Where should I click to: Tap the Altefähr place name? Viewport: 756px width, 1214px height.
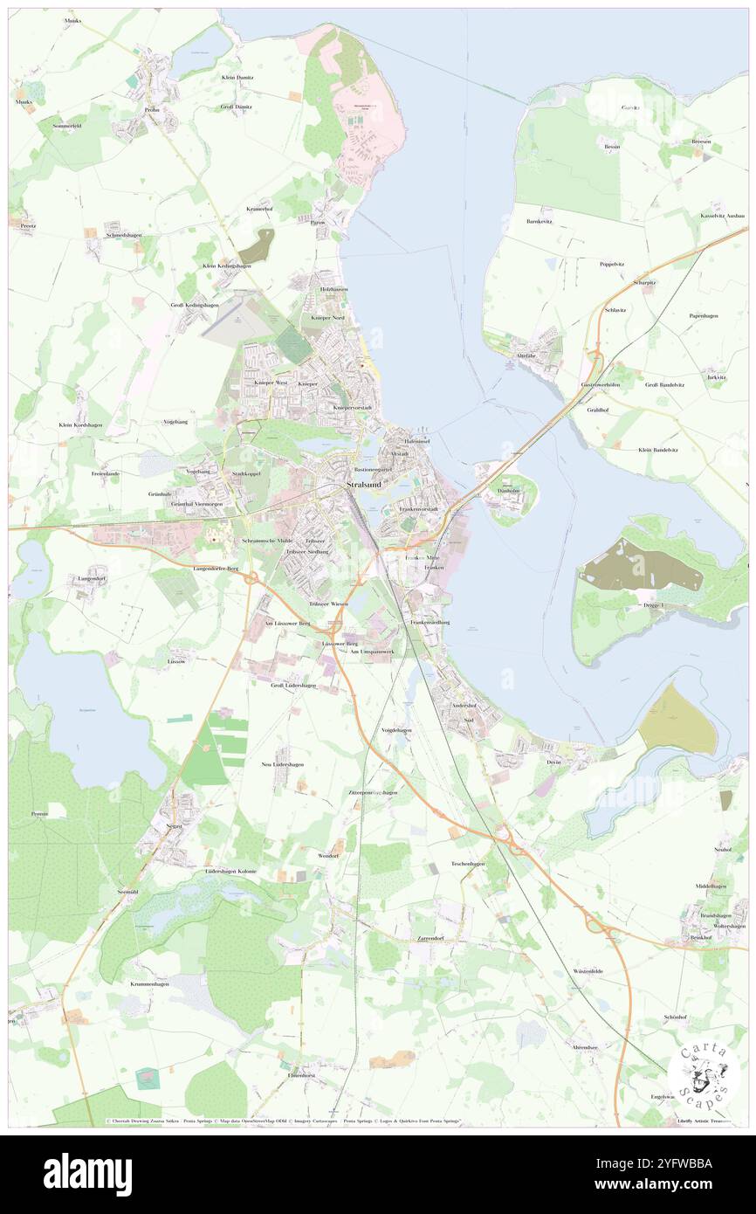[x=526, y=356]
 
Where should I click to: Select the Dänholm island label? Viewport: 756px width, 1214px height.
[x=508, y=490]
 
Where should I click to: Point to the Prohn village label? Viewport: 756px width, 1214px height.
[x=151, y=109]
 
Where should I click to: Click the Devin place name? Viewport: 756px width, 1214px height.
[x=553, y=762]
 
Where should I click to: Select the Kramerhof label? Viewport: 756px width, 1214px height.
[x=260, y=209]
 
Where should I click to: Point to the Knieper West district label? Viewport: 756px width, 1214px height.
[x=271, y=383]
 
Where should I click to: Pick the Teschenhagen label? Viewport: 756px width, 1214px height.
[x=467, y=863]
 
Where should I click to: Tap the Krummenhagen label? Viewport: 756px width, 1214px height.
[x=150, y=983]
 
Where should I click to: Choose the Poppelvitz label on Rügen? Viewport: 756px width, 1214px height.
[x=611, y=264]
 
